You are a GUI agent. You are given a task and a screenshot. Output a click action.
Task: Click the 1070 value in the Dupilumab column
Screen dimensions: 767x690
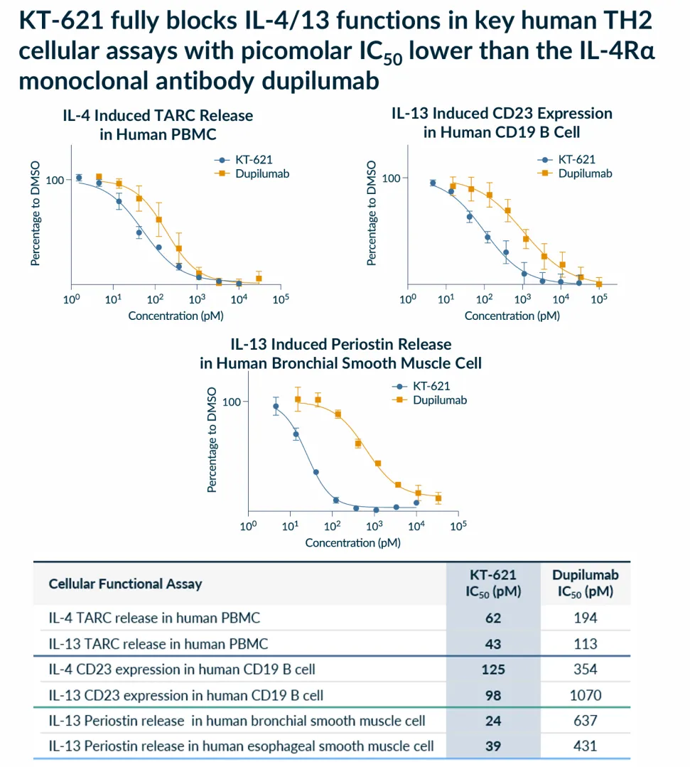586,694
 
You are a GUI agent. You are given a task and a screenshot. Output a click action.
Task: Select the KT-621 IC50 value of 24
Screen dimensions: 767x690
493,721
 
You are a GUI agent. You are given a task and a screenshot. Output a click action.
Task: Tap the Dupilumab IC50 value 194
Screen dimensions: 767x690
586,618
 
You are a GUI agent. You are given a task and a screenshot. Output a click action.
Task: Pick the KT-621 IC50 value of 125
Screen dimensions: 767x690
493,669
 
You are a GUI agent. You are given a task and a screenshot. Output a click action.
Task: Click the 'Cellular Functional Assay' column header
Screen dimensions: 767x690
125,584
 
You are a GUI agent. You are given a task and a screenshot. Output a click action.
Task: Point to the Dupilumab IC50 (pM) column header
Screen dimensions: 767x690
586,584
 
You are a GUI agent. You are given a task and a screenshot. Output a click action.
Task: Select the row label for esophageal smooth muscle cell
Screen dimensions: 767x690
241,746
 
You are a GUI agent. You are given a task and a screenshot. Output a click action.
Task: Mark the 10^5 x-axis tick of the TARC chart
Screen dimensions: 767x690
281,300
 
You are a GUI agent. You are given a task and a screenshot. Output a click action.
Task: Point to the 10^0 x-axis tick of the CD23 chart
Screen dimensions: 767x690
407,300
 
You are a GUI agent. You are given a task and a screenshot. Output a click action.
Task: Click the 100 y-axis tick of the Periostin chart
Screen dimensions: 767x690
232,402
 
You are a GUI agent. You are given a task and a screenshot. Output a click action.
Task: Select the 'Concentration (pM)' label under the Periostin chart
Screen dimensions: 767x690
352,543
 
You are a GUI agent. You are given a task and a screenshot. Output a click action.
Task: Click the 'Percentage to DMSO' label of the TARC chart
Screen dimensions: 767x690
36,213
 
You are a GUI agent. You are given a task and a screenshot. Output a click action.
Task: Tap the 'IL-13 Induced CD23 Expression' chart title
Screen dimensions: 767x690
502,114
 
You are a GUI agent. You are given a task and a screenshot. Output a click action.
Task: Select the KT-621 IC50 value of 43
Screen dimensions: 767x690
493,644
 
